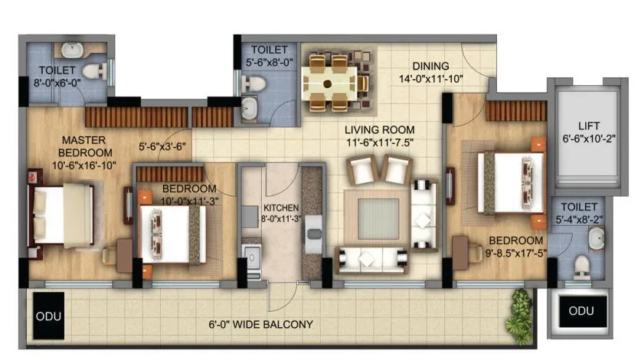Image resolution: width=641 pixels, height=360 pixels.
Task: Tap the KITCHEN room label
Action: pyautogui.click(x=281, y=208)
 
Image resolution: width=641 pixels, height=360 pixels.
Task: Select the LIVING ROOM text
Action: pyautogui.click(x=373, y=129)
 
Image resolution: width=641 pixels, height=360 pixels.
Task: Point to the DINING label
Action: pyautogui.click(x=430, y=66)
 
